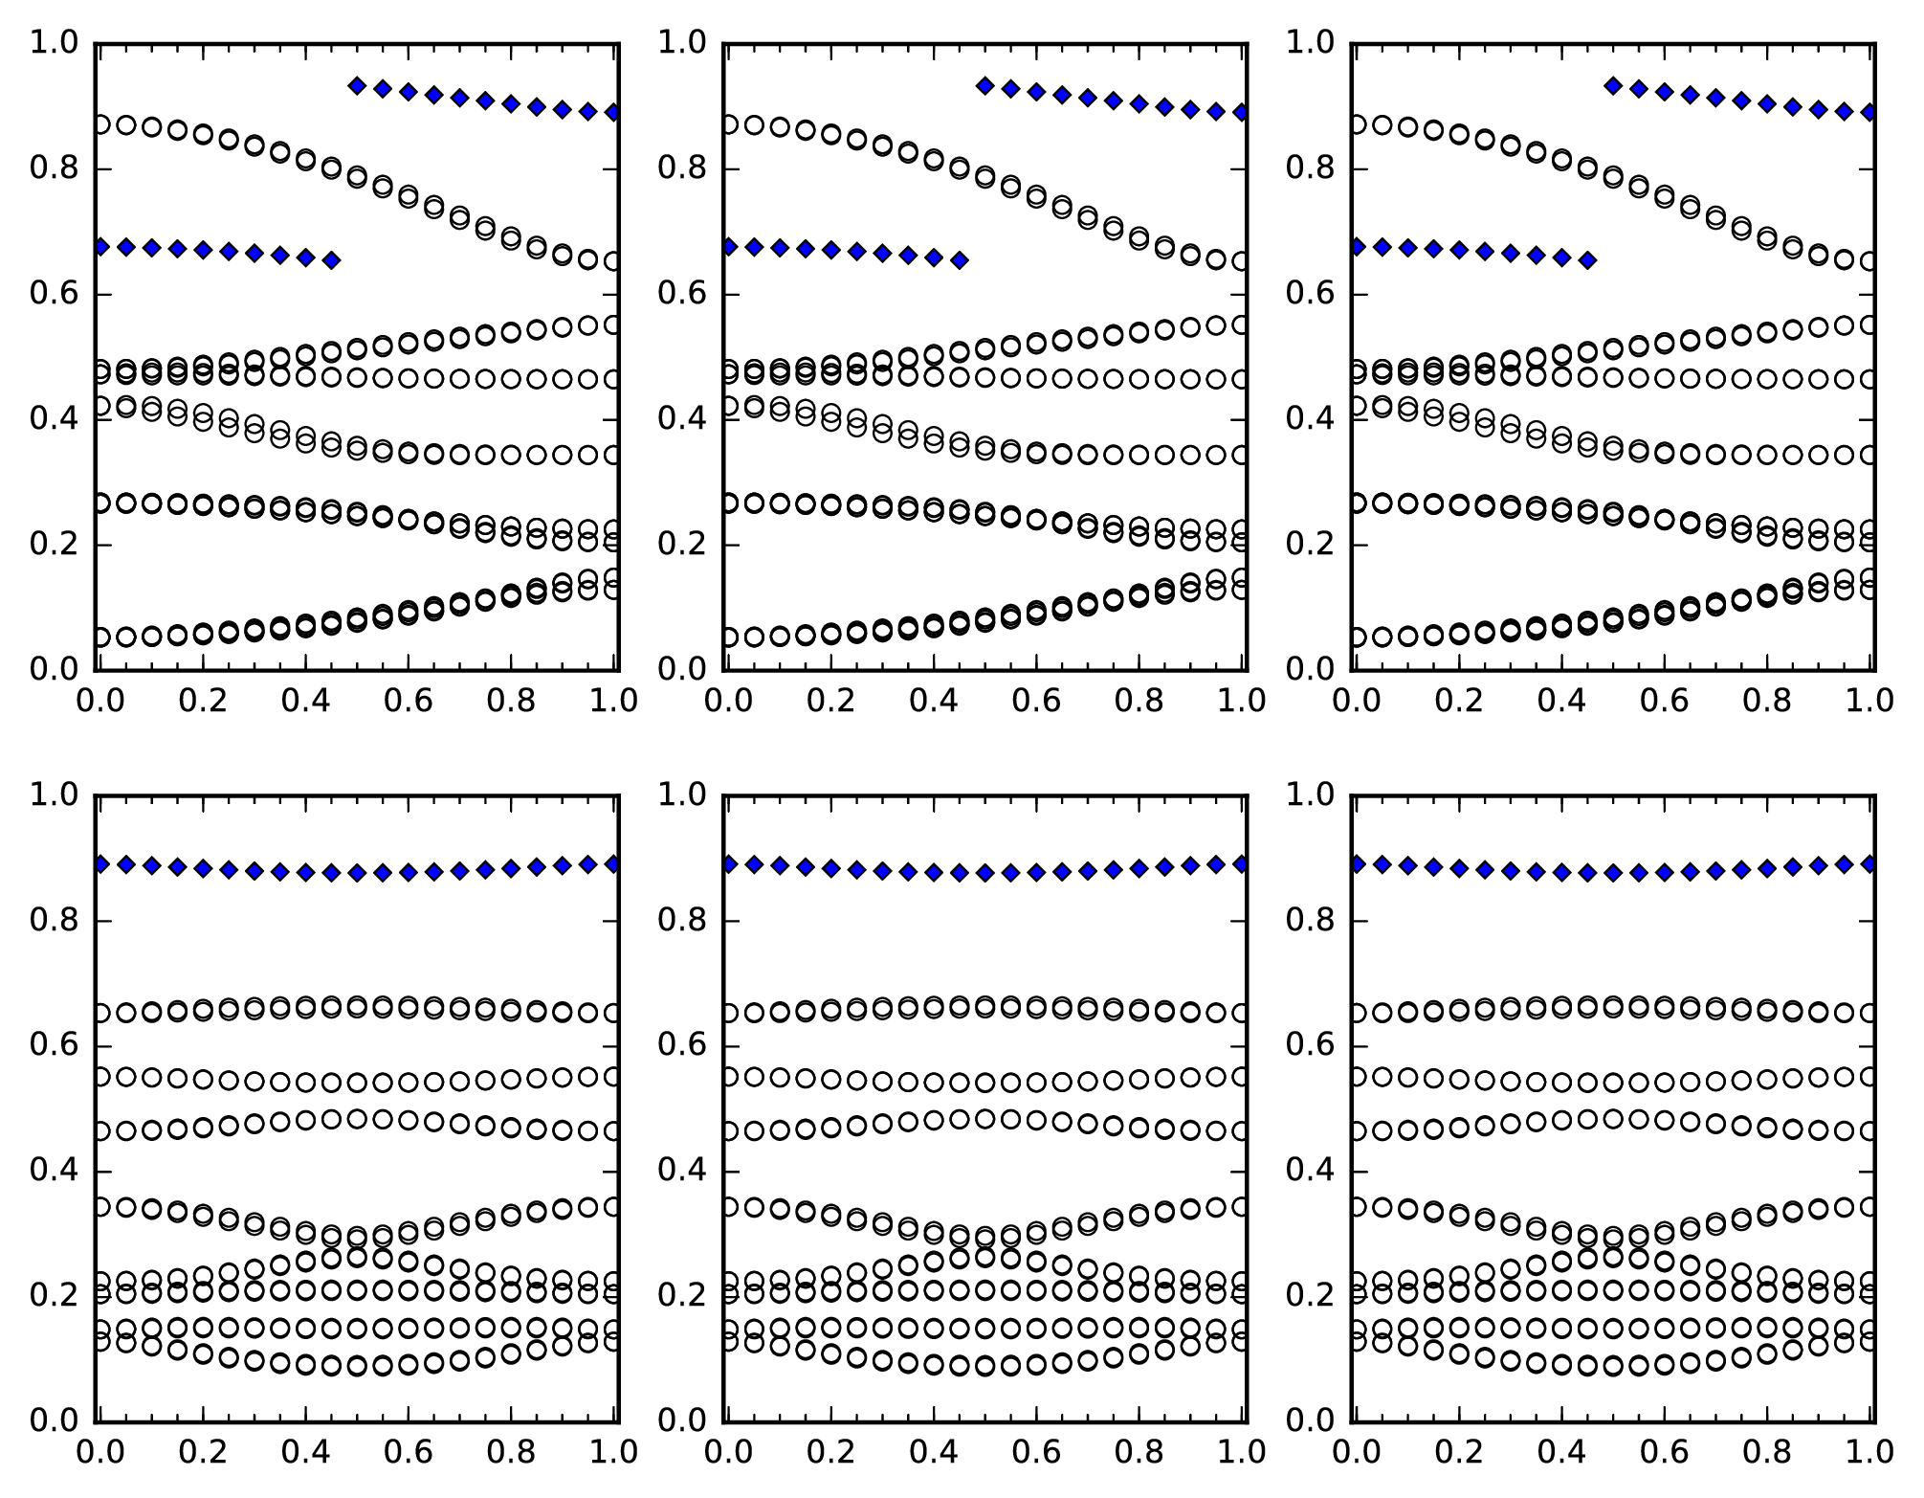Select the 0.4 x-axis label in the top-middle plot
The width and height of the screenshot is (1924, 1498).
pos(933,701)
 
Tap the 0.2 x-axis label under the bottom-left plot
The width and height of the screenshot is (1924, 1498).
pos(203,1452)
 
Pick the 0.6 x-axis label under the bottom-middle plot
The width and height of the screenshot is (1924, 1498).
pos(1036,1452)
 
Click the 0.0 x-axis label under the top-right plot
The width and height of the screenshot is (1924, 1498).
pos(1356,701)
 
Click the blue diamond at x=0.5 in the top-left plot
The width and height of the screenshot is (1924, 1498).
pos(357,86)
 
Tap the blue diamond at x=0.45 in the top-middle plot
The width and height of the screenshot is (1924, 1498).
pos(960,260)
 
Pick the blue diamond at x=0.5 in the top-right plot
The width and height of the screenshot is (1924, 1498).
pos(1613,86)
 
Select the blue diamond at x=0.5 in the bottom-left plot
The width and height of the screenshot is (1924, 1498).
pos(357,873)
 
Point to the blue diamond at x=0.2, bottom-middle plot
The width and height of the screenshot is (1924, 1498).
pos(831,868)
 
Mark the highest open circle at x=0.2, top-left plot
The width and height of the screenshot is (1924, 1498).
pos(203,134)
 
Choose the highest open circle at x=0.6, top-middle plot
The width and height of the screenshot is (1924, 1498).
pos(1036,196)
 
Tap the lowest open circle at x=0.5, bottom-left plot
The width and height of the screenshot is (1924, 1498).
pos(357,1366)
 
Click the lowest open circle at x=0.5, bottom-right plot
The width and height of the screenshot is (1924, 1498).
pos(1613,1366)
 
